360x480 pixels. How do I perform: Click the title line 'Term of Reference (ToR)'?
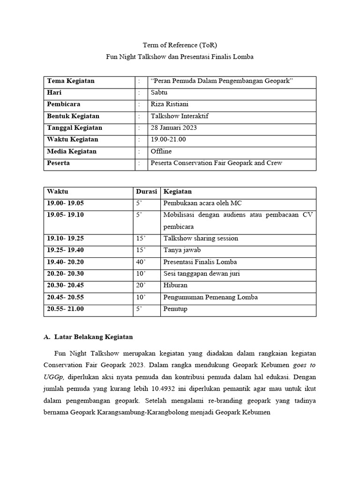[x=180, y=45]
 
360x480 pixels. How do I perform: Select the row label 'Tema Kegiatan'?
[x=70, y=81]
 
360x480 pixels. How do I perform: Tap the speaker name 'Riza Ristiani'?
[x=170, y=104]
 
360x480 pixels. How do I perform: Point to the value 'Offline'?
[x=161, y=151]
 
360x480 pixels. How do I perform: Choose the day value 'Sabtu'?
[x=159, y=92]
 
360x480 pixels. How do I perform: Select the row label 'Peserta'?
[x=59, y=163]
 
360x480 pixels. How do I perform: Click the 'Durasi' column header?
[x=146, y=191]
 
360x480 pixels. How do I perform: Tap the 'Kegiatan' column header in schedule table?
[x=177, y=191]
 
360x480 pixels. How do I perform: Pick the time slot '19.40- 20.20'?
[x=65, y=262]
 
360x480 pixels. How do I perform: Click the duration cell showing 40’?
[x=141, y=262]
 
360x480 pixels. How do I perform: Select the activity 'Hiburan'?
[x=175, y=285]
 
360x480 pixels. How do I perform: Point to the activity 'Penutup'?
[x=175, y=309]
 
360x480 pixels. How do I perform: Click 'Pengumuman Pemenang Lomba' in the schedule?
[x=210, y=297]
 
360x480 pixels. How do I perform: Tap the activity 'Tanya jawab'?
[x=182, y=250]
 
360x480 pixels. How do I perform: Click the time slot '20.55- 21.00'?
[x=65, y=309]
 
